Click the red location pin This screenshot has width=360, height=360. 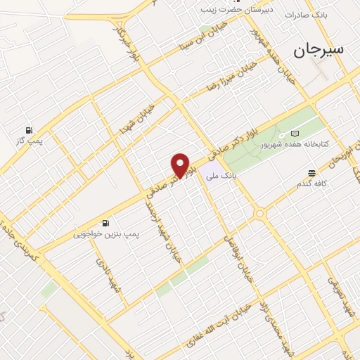[x=181, y=165]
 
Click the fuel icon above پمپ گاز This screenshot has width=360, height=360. [x=29, y=130]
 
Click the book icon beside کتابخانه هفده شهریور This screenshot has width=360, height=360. [x=295, y=133]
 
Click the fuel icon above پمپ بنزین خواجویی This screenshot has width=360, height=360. [x=105, y=222]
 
